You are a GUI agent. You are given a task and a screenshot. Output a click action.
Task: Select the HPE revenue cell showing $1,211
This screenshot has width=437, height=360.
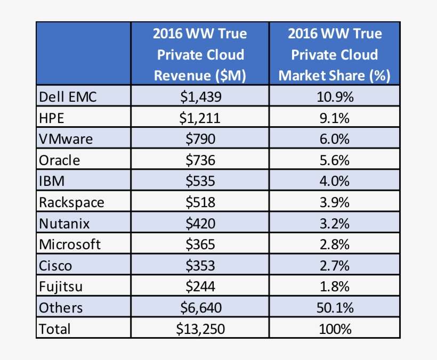[x=200, y=118]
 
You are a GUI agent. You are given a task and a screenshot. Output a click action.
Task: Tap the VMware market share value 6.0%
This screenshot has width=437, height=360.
[x=334, y=139]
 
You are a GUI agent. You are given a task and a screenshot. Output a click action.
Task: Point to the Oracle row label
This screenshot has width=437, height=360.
[x=60, y=160]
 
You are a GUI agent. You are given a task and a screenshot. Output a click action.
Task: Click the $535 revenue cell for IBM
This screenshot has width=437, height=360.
[x=200, y=181]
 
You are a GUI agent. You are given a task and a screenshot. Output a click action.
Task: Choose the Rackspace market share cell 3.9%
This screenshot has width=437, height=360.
[x=334, y=202]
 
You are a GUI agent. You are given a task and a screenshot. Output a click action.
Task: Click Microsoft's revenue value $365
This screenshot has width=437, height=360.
[x=200, y=244]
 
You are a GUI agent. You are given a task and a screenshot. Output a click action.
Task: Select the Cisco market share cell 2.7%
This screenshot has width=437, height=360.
[x=334, y=266]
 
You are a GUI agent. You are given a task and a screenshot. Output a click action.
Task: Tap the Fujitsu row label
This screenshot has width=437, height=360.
[x=60, y=287]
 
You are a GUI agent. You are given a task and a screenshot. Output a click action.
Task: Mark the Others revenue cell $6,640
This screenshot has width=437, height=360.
[x=200, y=308]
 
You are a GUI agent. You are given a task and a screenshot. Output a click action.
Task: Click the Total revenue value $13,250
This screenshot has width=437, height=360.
[x=200, y=329]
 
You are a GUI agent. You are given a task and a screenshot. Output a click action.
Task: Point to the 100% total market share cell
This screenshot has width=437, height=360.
[x=334, y=329]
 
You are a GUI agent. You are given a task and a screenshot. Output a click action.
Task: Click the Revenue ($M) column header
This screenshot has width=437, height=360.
[x=200, y=55]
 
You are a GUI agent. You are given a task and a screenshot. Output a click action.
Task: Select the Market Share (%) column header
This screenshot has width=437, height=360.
[x=334, y=55]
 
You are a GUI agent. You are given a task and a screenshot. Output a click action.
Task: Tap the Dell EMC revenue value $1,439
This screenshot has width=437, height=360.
[x=200, y=97]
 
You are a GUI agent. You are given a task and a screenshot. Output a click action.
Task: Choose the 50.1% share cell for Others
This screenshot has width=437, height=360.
[x=334, y=308]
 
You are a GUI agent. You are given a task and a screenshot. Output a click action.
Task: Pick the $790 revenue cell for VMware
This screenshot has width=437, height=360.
[x=200, y=139]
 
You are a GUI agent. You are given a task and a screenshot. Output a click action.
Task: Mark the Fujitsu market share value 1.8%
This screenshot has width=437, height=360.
[x=334, y=287]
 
